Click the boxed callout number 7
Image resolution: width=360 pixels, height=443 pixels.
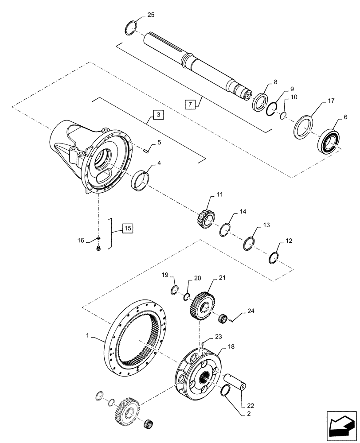(190, 105)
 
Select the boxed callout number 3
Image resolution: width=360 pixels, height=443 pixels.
(158, 115)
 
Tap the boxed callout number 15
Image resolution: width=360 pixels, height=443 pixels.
(127, 229)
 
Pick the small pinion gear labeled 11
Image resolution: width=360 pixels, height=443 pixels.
(206, 218)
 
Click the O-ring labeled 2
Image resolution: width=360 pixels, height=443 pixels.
(225, 390)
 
